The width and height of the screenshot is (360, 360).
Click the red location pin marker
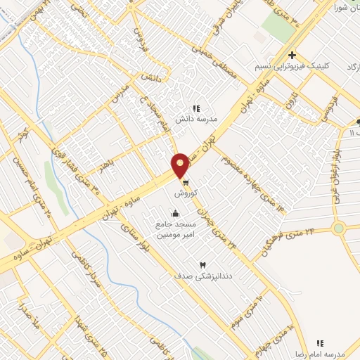[x=181, y=165]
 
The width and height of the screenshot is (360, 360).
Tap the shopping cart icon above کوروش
[x=185, y=183]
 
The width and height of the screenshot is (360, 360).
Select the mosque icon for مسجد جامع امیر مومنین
[x=175, y=214]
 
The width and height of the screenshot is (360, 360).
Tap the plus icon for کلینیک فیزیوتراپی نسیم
[x=292, y=56]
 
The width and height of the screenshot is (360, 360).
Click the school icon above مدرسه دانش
[x=197, y=108]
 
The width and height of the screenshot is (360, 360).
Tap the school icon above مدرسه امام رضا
[x=320, y=343]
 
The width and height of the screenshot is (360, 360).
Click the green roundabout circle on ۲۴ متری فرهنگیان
[x=340, y=228]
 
